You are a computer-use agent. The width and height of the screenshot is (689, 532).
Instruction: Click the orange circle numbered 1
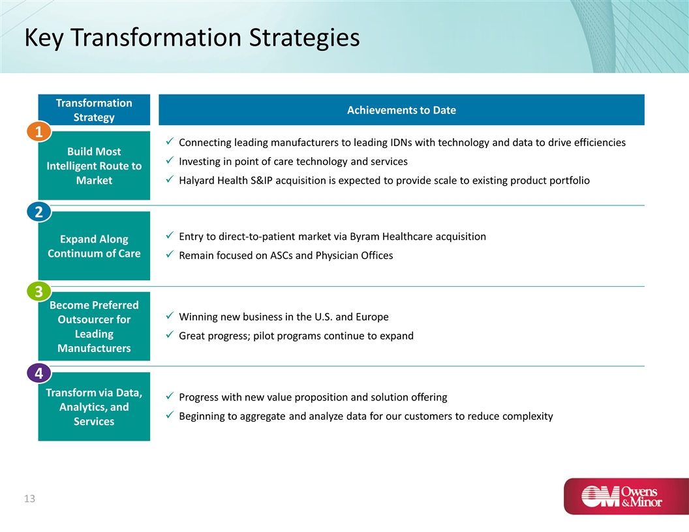pyautogui.click(x=38, y=131)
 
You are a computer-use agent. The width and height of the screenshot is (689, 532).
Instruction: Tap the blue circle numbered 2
pyautogui.click(x=38, y=212)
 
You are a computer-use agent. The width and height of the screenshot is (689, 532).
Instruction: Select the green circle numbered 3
pyautogui.click(x=38, y=291)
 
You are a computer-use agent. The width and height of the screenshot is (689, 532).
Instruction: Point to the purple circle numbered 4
pyautogui.click(x=38, y=373)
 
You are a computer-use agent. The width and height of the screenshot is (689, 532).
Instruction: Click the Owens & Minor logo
pyautogui.click(x=626, y=496)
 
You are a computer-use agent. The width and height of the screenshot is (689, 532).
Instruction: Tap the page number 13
pyautogui.click(x=29, y=499)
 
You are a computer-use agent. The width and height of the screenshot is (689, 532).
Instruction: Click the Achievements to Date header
pyautogui.click(x=402, y=110)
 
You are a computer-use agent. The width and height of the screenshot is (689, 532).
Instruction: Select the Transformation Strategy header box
pyautogui.click(x=94, y=110)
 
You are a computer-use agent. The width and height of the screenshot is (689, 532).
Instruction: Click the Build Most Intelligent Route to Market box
pyautogui.click(x=94, y=166)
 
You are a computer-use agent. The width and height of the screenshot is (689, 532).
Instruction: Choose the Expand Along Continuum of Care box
pyautogui.click(x=94, y=246)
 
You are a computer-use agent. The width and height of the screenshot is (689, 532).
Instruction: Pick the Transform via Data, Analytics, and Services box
pyautogui.click(x=94, y=406)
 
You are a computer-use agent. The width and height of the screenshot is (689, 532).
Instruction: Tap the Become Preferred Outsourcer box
pyautogui.click(x=94, y=326)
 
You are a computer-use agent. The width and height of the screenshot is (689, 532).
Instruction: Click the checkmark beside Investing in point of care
pyautogui.click(x=170, y=160)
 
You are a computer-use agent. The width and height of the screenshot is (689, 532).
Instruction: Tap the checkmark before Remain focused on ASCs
pyautogui.click(x=170, y=254)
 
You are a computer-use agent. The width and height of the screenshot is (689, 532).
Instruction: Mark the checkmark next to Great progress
pyautogui.click(x=170, y=335)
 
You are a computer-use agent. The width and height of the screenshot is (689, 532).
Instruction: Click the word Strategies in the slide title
pyautogui.click(x=305, y=38)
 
